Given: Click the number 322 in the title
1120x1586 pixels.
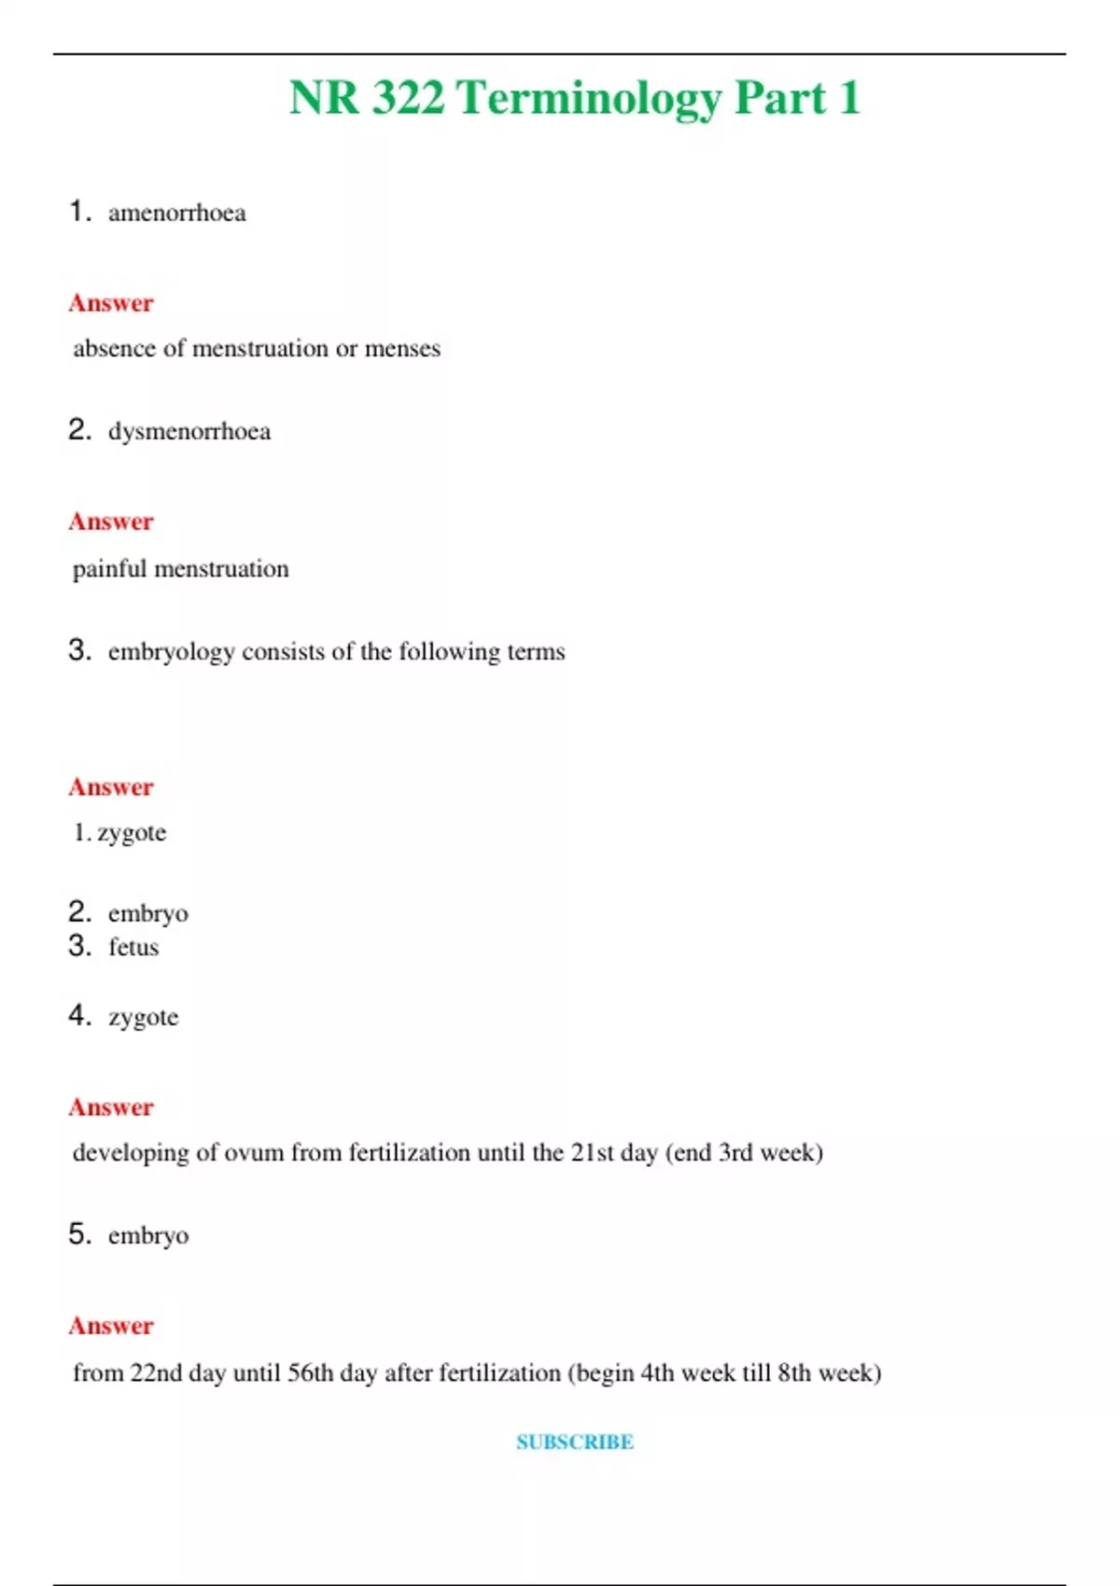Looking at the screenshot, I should pos(408,98).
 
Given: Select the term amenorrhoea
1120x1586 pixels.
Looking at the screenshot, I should pos(177,214).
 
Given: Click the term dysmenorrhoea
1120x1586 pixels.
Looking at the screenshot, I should pos(189,432).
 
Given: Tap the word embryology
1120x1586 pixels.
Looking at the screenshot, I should pos(171,652).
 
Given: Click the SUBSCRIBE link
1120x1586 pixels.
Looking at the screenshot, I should pos(575,1442).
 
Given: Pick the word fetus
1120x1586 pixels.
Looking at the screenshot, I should pos(133,948).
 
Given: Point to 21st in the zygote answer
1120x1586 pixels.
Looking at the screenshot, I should pos(593,1153).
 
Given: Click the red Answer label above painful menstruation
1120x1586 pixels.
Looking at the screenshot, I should pos(110,522).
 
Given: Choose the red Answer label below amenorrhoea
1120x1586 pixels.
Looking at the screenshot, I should pos(110,303).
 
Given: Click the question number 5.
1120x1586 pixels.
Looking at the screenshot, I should pos(78,1234).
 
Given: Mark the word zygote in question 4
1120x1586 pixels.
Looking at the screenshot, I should pos(143,1017).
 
